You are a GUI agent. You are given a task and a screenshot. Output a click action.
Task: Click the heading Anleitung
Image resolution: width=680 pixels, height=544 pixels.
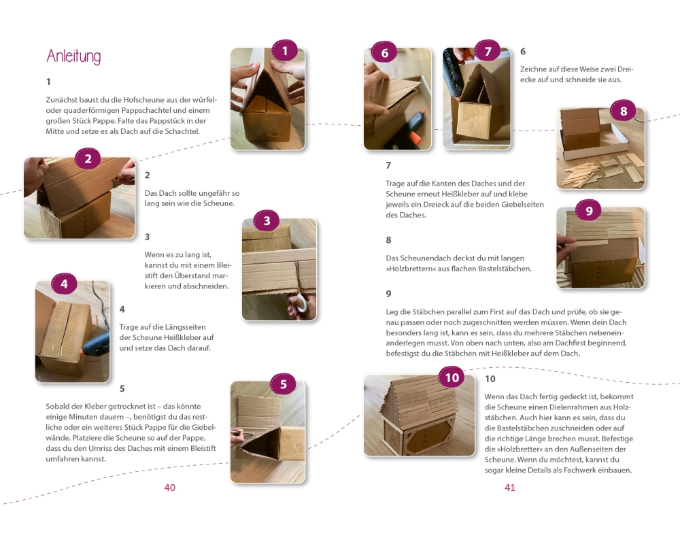[x=73, y=56]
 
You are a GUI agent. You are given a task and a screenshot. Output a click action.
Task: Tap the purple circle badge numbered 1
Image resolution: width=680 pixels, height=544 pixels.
[x=284, y=51]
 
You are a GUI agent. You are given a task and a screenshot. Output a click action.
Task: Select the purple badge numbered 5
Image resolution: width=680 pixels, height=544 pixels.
[x=283, y=384]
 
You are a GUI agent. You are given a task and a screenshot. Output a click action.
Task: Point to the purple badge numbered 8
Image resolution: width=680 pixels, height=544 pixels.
[x=623, y=111]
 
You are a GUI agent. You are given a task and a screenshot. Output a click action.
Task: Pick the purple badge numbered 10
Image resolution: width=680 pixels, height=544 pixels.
[x=452, y=377]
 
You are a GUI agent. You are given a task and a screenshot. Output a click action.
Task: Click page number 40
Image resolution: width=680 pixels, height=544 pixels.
[x=169, y=488]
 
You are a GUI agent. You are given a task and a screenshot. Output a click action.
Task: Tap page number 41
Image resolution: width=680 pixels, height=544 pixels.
[x=510, y=488]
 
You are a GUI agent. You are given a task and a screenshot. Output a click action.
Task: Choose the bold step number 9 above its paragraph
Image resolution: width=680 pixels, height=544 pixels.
[x=388, y=294]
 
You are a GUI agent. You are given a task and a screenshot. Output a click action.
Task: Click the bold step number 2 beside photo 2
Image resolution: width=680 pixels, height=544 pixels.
[x=147, y=175]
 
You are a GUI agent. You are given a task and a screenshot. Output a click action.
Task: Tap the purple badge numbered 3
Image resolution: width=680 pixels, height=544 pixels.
[x=267, y=221]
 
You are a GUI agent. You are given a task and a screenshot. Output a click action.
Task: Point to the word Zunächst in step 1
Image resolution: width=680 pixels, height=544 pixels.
[x=61, y=100]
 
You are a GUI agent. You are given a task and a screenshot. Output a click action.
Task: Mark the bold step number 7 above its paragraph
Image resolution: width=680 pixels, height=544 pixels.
[x=388, y=165]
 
